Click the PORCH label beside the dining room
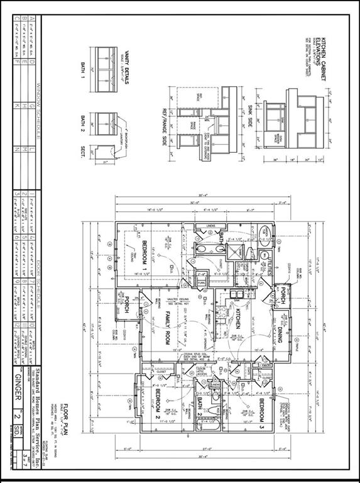pos(282,295)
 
